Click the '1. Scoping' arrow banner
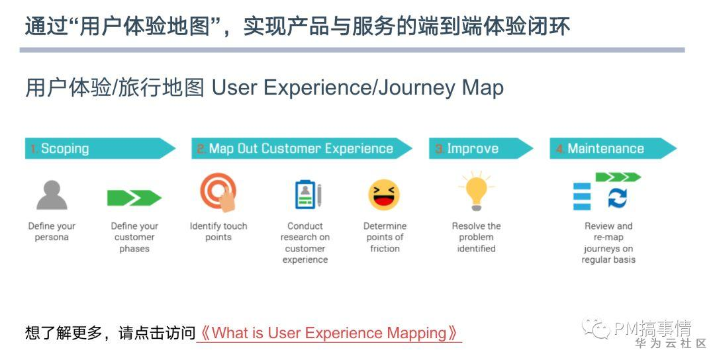coord(101,148)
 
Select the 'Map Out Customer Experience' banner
coord(302,148)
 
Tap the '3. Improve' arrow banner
coord(481,148)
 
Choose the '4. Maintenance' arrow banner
coord(613,148)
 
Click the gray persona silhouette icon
coord(52,195)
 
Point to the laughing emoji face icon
coord(384,195)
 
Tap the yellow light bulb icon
coord(477,191)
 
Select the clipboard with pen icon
coord(309,195)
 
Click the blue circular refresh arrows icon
coord(618,199)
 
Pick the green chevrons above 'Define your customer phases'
coord(134,198)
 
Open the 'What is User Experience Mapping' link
coord(328,333)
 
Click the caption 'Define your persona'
coord(52,232)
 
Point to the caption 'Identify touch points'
coord(218,232)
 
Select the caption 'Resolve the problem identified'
coord(477,237)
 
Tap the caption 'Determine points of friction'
coord(385,237)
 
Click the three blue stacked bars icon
coord(582,197)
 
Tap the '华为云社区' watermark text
coord(671,343)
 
